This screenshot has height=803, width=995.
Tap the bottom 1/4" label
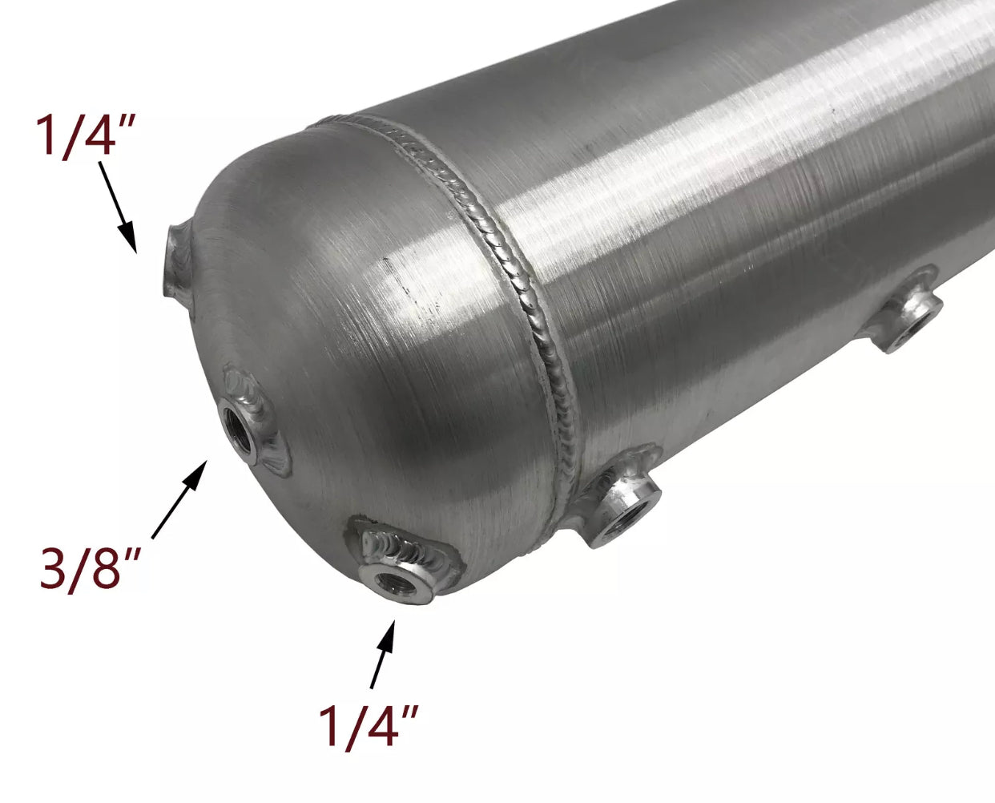click(x=369, y=725)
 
